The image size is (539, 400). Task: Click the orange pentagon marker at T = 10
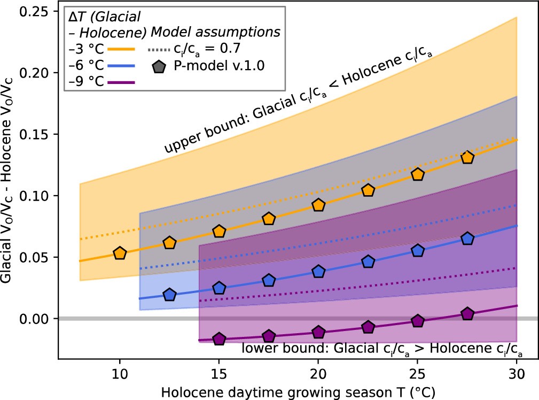[x=120, y=253]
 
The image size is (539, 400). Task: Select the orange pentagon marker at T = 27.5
[x=467, y=157]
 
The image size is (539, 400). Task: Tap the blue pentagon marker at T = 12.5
[x=169, y=295]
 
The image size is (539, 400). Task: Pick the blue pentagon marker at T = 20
[x=318, y=271]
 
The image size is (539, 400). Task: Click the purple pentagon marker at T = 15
[x=219, y=339]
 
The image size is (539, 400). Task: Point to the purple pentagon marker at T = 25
[x=418, y=321]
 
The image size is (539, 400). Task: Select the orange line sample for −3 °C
[x=121, y=49]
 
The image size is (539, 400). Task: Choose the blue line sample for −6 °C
[x=121, y=65]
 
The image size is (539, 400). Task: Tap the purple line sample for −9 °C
[x=121, y=82]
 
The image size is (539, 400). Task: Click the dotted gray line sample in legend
[x=159, y=49]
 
